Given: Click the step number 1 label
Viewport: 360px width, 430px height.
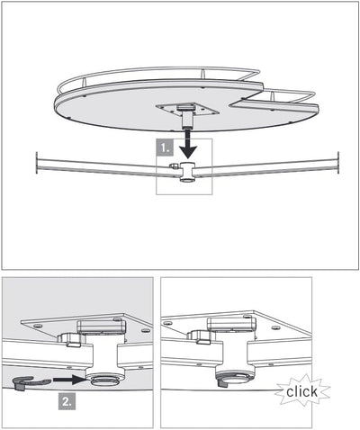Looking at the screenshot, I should tap(165, 145).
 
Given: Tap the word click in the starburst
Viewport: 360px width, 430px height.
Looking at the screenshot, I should tap(301, 391).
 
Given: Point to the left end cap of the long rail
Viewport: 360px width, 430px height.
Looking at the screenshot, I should tap(36, 164).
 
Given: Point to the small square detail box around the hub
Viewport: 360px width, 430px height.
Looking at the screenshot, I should tap(184, 166).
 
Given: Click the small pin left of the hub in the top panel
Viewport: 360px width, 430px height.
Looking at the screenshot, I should tap(171, 166).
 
